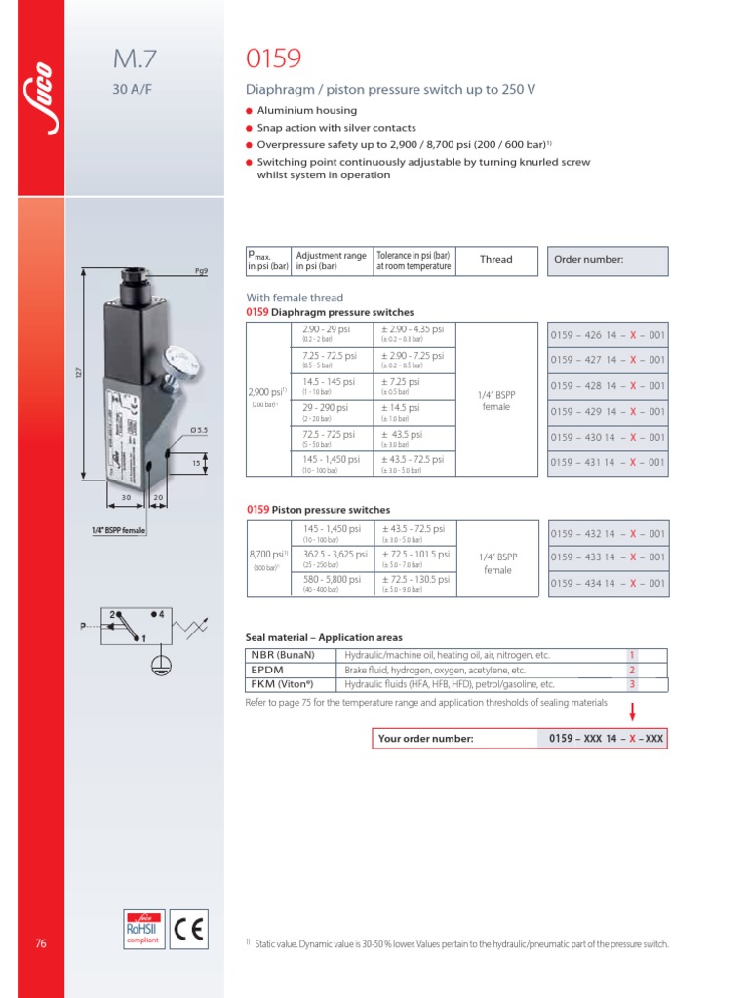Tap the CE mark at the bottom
(x=189, y=928)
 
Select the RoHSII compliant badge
(x=142, y=928)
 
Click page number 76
(x=40, y=943)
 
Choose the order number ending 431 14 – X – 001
(x=608, y=463)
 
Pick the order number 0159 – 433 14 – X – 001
(x=608, y=557)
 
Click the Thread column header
(x=495, y=260)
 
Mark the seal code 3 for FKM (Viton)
(x=632, y=684)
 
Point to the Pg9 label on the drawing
(x=200, y=271)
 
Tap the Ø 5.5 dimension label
(x=197, y=430)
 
